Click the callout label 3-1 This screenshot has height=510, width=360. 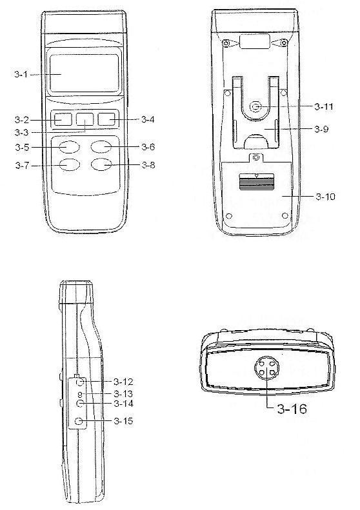(21, 75)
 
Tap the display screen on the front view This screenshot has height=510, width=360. (85, 74)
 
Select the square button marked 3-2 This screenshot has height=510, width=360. (62, 120)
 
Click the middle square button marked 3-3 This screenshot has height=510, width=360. (85, 120)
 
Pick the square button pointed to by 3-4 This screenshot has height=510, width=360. (106, 120)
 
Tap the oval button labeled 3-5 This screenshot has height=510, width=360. (69, 147)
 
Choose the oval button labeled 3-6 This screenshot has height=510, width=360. (101, 147)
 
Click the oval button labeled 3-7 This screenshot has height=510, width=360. (69, 165)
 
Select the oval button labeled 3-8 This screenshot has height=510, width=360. (101, 165)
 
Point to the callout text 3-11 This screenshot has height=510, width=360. (324, 107)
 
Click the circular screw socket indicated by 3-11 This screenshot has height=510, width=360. (255, 106)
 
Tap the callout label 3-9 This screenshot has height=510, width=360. (321, 129)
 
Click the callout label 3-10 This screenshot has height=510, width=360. (325, 197)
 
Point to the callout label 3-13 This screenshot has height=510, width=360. (123, 394)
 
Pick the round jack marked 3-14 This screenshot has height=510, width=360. (80, 404)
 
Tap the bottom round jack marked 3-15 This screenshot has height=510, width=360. (79, 422)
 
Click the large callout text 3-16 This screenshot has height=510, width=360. (292, 409)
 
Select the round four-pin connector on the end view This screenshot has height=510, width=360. (266, 368)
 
